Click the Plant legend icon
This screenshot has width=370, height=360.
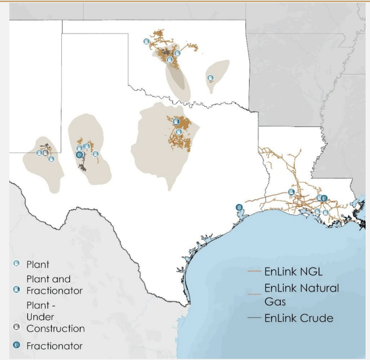click(x=16, y=264)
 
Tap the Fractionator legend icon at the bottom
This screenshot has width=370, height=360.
click(x=16, y=346)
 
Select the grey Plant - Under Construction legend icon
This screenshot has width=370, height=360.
click(x=16, y=327)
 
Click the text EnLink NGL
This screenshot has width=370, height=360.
click(x=294, y=270)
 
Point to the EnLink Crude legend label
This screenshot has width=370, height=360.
click(x=299, y=317)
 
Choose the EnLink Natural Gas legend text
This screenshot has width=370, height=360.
click(x=302, y=294)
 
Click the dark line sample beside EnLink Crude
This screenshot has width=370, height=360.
click(x=254, y=318)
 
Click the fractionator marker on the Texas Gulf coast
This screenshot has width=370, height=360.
click(x=239, y=207)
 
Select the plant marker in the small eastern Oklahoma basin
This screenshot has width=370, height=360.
click(x=210, y=78)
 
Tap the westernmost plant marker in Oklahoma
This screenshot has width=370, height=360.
click(x=146, y=42)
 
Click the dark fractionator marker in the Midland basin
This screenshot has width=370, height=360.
click(x=79, y=155)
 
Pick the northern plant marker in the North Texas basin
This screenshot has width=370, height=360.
click(x=176, y=121)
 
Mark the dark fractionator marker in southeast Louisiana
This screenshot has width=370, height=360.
click(x=324, y=198)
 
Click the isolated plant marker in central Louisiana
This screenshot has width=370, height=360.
click(x=291, y=192)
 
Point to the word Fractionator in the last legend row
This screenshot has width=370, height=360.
click(x=54, y=346)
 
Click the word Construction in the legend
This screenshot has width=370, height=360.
click(x=55, y=328)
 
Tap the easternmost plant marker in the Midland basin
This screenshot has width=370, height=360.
click(x=95, y=153)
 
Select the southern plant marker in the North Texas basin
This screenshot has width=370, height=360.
click(x=179, y=132)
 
